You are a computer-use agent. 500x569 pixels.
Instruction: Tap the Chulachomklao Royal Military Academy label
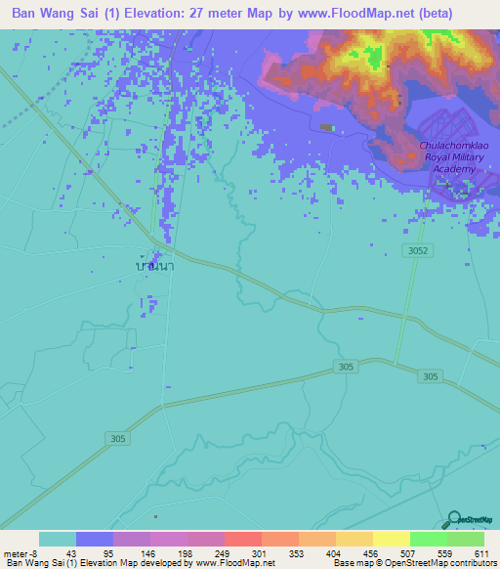tap(447, 156)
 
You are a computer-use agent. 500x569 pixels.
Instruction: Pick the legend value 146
tap(148, 552)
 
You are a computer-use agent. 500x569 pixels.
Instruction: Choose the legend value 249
tap(223, 552)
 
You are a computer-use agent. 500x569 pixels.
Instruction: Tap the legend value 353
tap(297, 552)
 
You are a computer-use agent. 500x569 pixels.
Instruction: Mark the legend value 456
tap(371, 552)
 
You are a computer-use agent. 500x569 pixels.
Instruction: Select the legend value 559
tap(445, 552)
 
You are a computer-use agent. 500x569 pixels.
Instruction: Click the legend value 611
tap(481, 552)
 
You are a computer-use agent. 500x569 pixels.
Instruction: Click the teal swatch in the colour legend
tap(58, 539)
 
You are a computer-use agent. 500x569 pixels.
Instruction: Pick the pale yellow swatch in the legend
tap(391, 539)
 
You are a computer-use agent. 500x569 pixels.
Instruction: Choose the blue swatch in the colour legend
tap(95, 539)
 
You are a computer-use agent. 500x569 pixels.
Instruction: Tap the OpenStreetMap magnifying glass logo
tap(454, 519)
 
